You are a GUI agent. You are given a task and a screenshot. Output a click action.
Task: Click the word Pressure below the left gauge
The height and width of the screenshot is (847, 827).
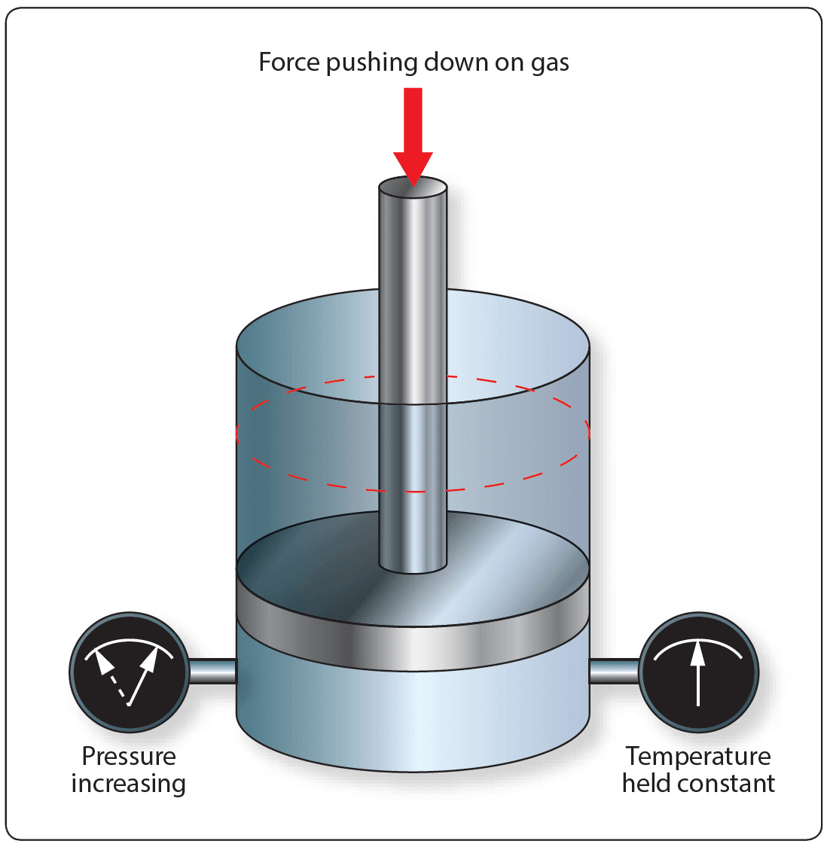click(x=128, y=756)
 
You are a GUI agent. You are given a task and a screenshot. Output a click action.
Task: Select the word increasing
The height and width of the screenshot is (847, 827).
click(x=128, y=784)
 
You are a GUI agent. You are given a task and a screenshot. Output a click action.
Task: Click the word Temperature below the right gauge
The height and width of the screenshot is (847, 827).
click(x=698, y=756)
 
